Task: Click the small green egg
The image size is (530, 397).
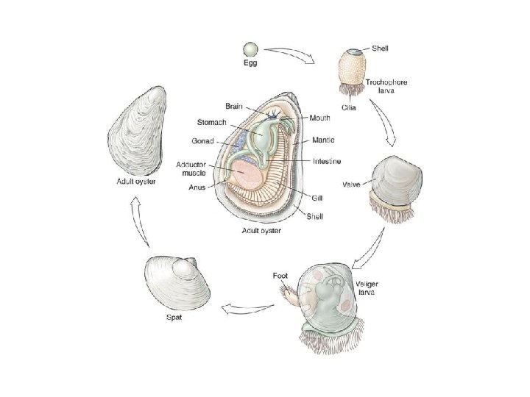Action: click(252, 50)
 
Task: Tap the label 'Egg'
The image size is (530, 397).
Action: click(252, 64)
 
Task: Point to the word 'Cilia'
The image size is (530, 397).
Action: click(350, 107)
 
